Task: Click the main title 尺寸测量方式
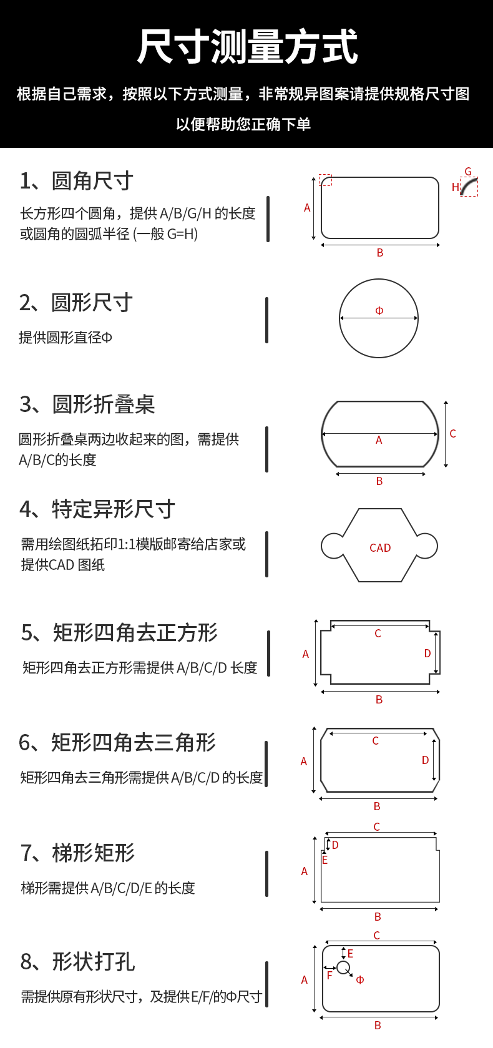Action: pyautogui.click(x=246, y=47)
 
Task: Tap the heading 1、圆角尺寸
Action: pyautogui.click(x=77, y=181)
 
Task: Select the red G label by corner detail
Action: pyautogui.click(x=468, y=172)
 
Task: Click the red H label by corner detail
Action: pyautogui.click(x=455, y=187)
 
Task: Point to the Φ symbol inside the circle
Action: pyautogui.click(x=379, y=311)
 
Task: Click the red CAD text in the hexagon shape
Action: pyautogui.click(x=380, y=548)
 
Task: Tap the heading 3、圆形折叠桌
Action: pyautogui.click(x=87, y=404)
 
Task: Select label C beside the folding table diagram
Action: pyautogui.click(x=452, y=434)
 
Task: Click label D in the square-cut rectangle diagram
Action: pyautogui.click(x=427, y=654)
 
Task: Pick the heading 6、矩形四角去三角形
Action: pyautogui.click(x=117, y=743)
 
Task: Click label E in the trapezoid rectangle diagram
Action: pyautogui.click(x=325, y=860)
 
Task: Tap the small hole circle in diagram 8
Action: pyautogui.click(x=343, y=967)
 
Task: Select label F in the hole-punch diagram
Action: pyautogui.click(x=329, y=976)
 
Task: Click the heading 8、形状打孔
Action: pyautogui.click(x=77, y=962)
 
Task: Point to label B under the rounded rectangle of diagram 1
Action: pyautogui.click(x=380, y=253)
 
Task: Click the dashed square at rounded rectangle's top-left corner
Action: pyautogui.click(x=325, y=180)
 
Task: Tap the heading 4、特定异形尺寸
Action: pyautogui.click(x=97, y=509)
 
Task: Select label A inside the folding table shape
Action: pyautogui.click(x=379, y=440)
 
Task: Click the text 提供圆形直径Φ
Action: pyautogui.click(x=66, y=338)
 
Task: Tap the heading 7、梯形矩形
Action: pyautogui.click(x=77, y=853)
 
